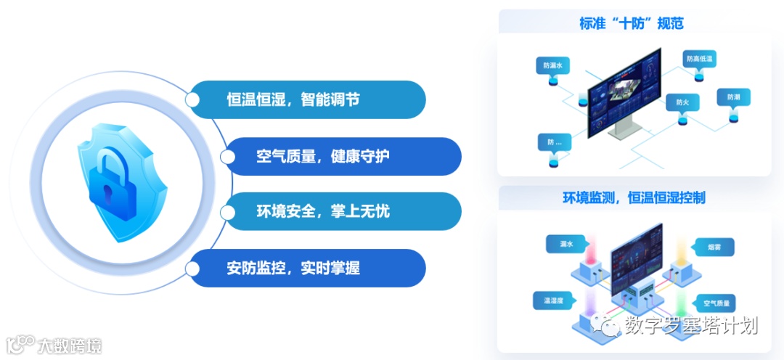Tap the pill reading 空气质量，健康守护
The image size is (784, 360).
tap(342, 156)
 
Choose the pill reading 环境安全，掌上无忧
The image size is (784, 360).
tap(342, 212)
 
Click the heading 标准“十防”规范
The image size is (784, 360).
tap(631, 23)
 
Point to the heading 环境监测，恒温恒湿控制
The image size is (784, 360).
tap(634, 197)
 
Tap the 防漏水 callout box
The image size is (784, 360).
tap(553, 65)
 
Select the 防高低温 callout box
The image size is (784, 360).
tap(700, 59)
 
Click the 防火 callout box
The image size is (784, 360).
tap(682, 103)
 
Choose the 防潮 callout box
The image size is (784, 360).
tap(732, 97)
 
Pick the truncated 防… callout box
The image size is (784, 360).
tap(554, 142)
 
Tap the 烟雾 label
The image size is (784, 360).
tap(714, 247)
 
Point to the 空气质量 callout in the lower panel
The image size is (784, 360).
tap(715, 303)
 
